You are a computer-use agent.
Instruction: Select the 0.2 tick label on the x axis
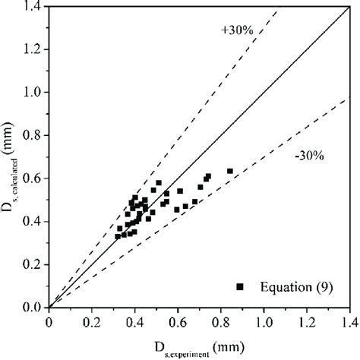[x=92, y=321]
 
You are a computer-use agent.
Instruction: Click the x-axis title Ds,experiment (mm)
[x=198, y=345]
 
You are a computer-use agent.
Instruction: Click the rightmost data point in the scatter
[x=229, y=171]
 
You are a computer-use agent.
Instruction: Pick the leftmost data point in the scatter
[x=118, y=236]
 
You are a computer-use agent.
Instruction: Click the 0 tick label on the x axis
[x=49, y=321]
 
